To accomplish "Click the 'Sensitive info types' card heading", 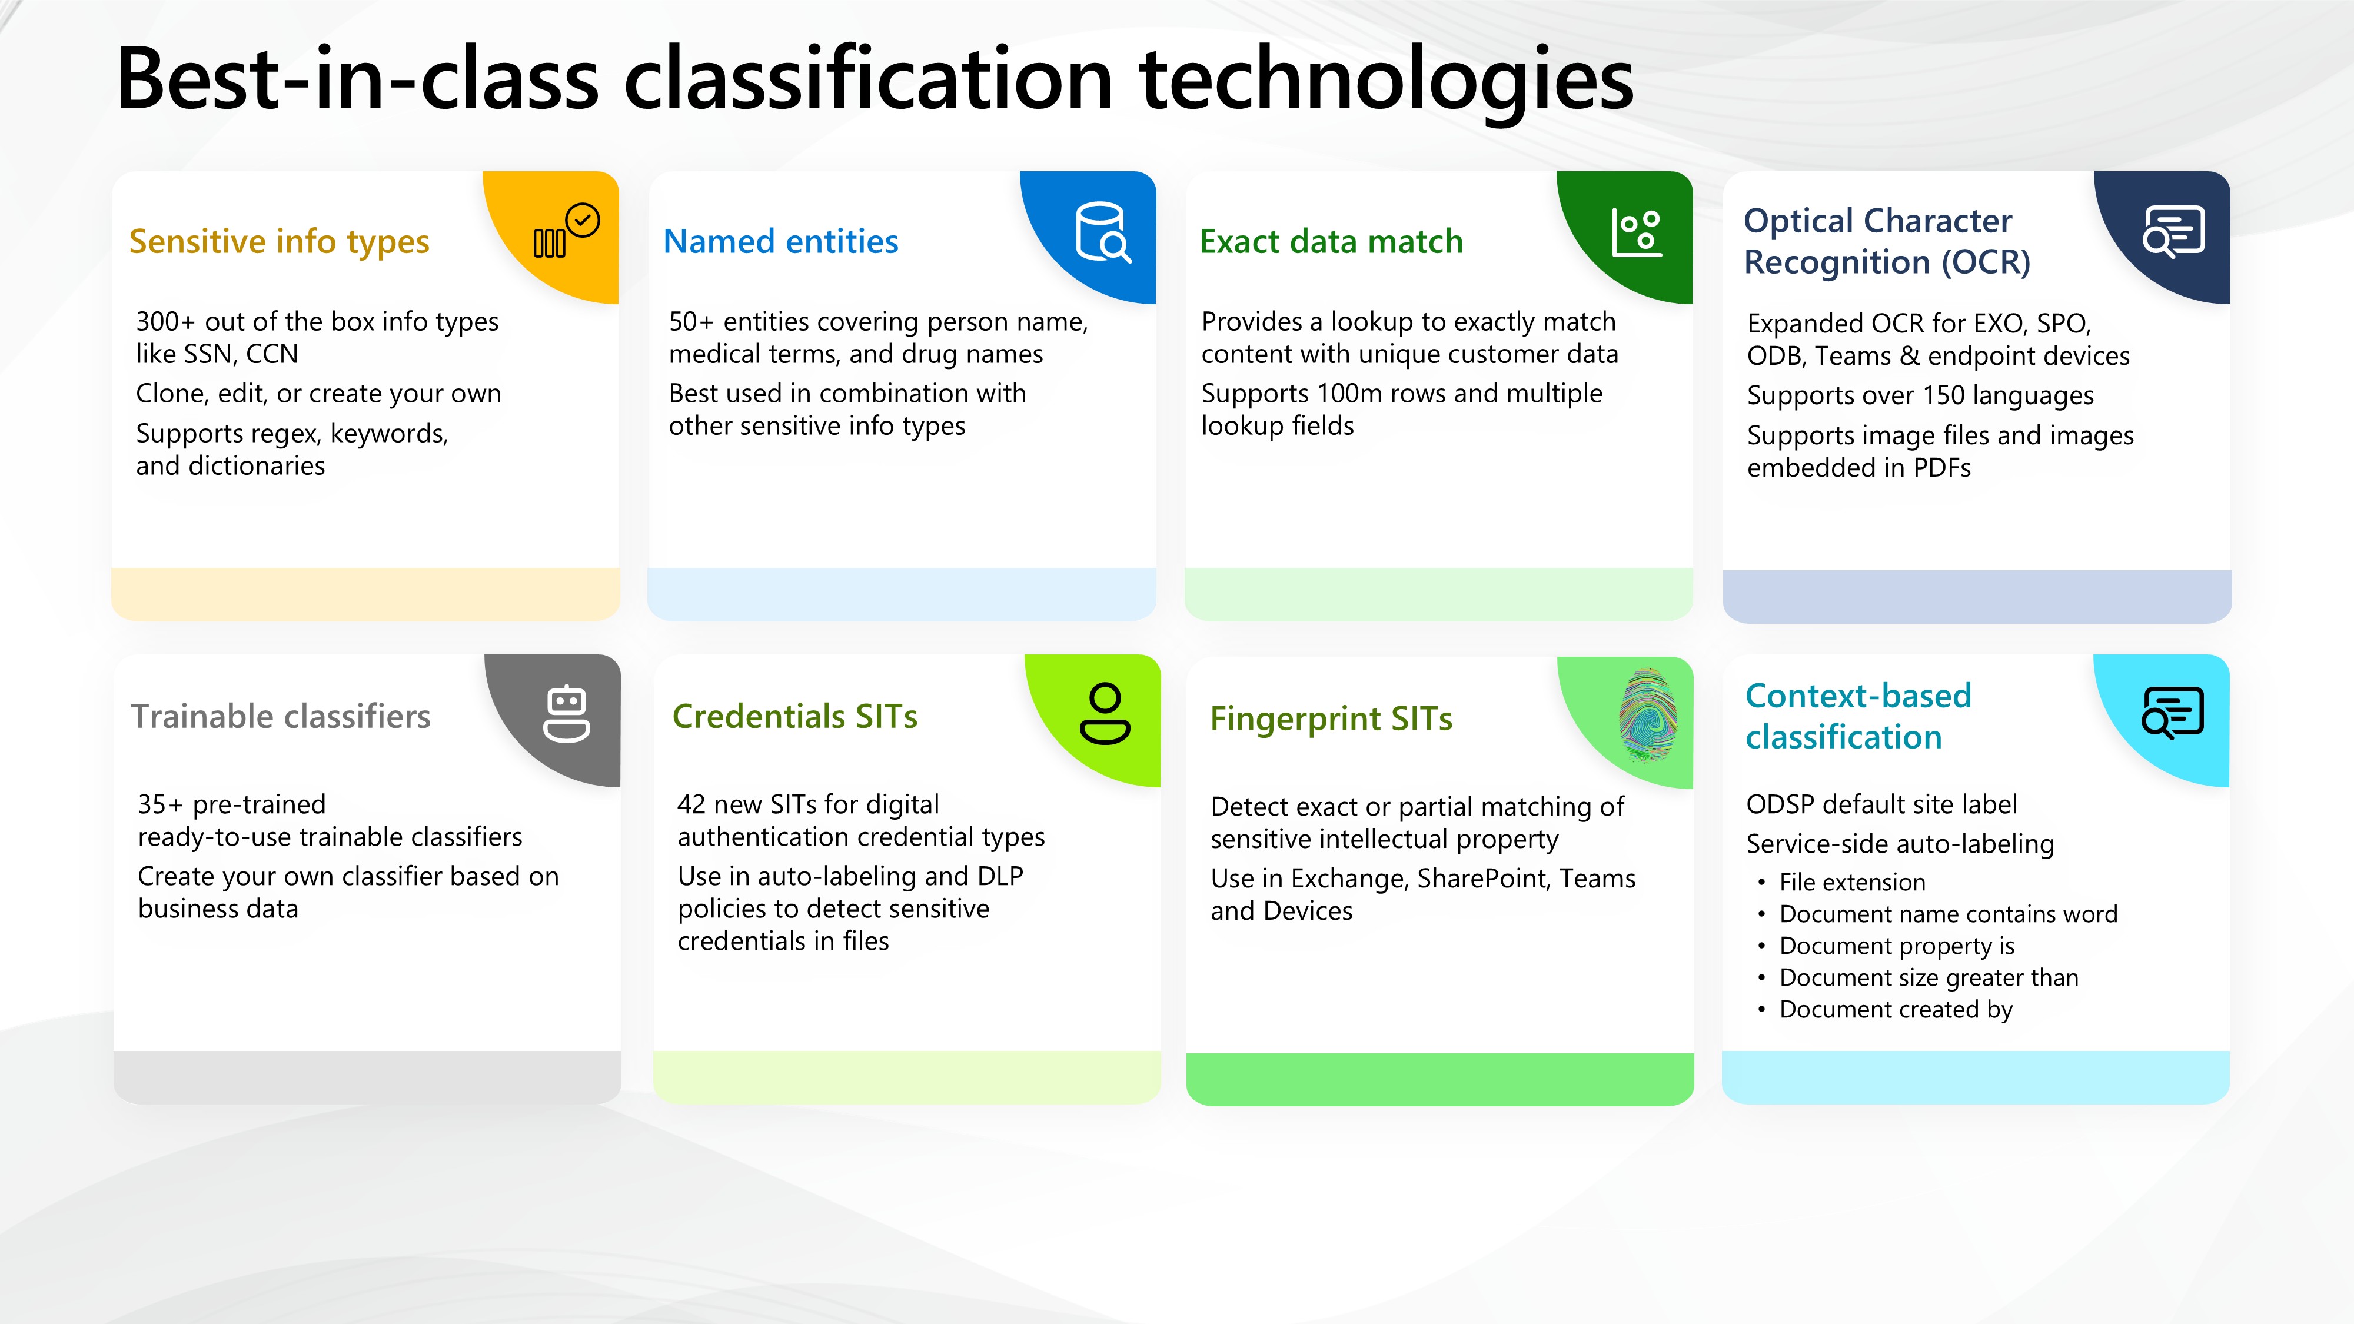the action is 279,242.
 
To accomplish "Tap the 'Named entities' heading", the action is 780,241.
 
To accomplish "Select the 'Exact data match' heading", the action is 1331,241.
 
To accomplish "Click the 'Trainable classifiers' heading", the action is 281,716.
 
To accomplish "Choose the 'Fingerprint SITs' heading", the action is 1331,719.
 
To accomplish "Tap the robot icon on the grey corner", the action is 567,714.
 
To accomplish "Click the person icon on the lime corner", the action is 1105,714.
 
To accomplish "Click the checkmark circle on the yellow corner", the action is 582,220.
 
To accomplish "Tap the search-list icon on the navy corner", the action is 2173,232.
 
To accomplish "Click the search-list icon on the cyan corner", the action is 2172,713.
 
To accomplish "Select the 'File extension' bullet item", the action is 1853,881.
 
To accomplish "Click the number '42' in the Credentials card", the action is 691,804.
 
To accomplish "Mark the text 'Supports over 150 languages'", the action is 1920,395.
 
